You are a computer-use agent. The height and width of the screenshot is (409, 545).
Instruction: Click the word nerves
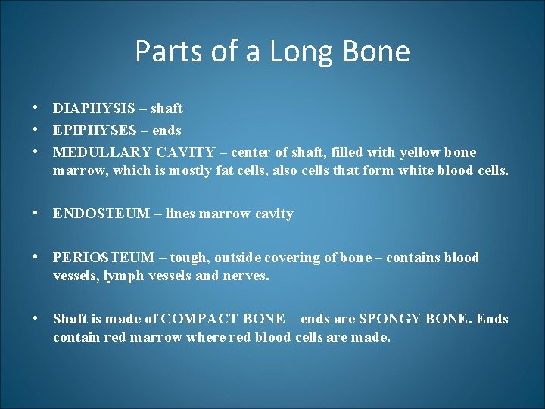click(245, 276)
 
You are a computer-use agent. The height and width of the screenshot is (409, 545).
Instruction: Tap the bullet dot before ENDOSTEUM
click(36, 214)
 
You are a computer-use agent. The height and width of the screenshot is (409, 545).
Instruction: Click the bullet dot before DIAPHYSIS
click(36, 108)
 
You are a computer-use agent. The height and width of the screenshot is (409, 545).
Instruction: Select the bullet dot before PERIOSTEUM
click(36, 258)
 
